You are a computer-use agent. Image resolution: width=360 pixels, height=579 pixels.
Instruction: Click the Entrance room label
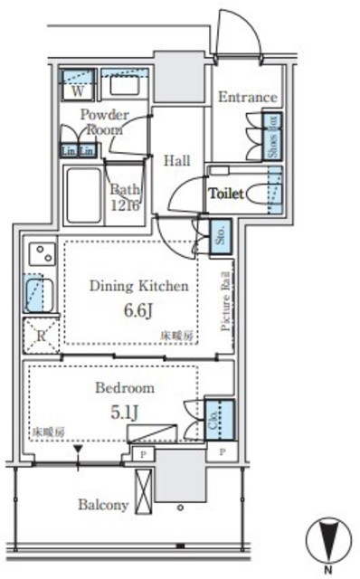pos(246,97)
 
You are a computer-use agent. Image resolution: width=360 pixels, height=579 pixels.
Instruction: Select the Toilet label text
pos(228,194)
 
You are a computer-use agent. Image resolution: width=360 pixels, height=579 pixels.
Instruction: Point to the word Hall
pos(177,161)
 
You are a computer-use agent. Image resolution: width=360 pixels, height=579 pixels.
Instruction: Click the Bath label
pos(120,190)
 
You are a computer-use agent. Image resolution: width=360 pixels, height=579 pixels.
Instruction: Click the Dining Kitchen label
pos(138,286)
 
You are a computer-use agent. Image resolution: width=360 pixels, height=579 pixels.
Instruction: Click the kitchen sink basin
pos(40,294)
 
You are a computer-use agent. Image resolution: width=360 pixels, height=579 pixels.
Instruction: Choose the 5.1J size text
pos(125,413)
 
